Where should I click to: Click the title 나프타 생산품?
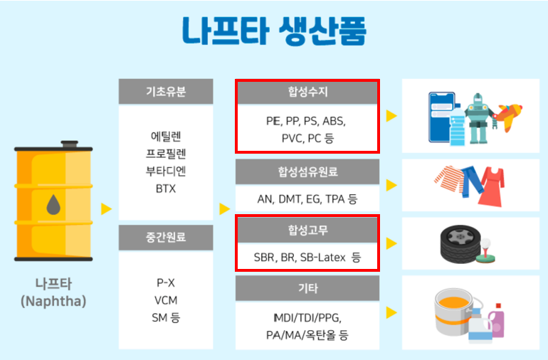(x=274, y=31)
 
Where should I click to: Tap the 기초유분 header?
(x=166, y=92)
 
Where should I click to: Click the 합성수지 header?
(x=307, y=92)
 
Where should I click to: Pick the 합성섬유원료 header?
(x=307, y=171)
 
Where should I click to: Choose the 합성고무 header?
(x=307, y=230)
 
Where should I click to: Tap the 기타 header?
(x=307, y=289)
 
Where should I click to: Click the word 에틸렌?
(x=166, y=135)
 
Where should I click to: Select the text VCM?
(x=166, y=300)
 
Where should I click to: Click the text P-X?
(x=166, y=282)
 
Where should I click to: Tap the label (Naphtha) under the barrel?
(x=53, y=302)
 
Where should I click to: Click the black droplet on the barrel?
(x=53, y=206)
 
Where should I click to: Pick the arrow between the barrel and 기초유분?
(x=106, y=208)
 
